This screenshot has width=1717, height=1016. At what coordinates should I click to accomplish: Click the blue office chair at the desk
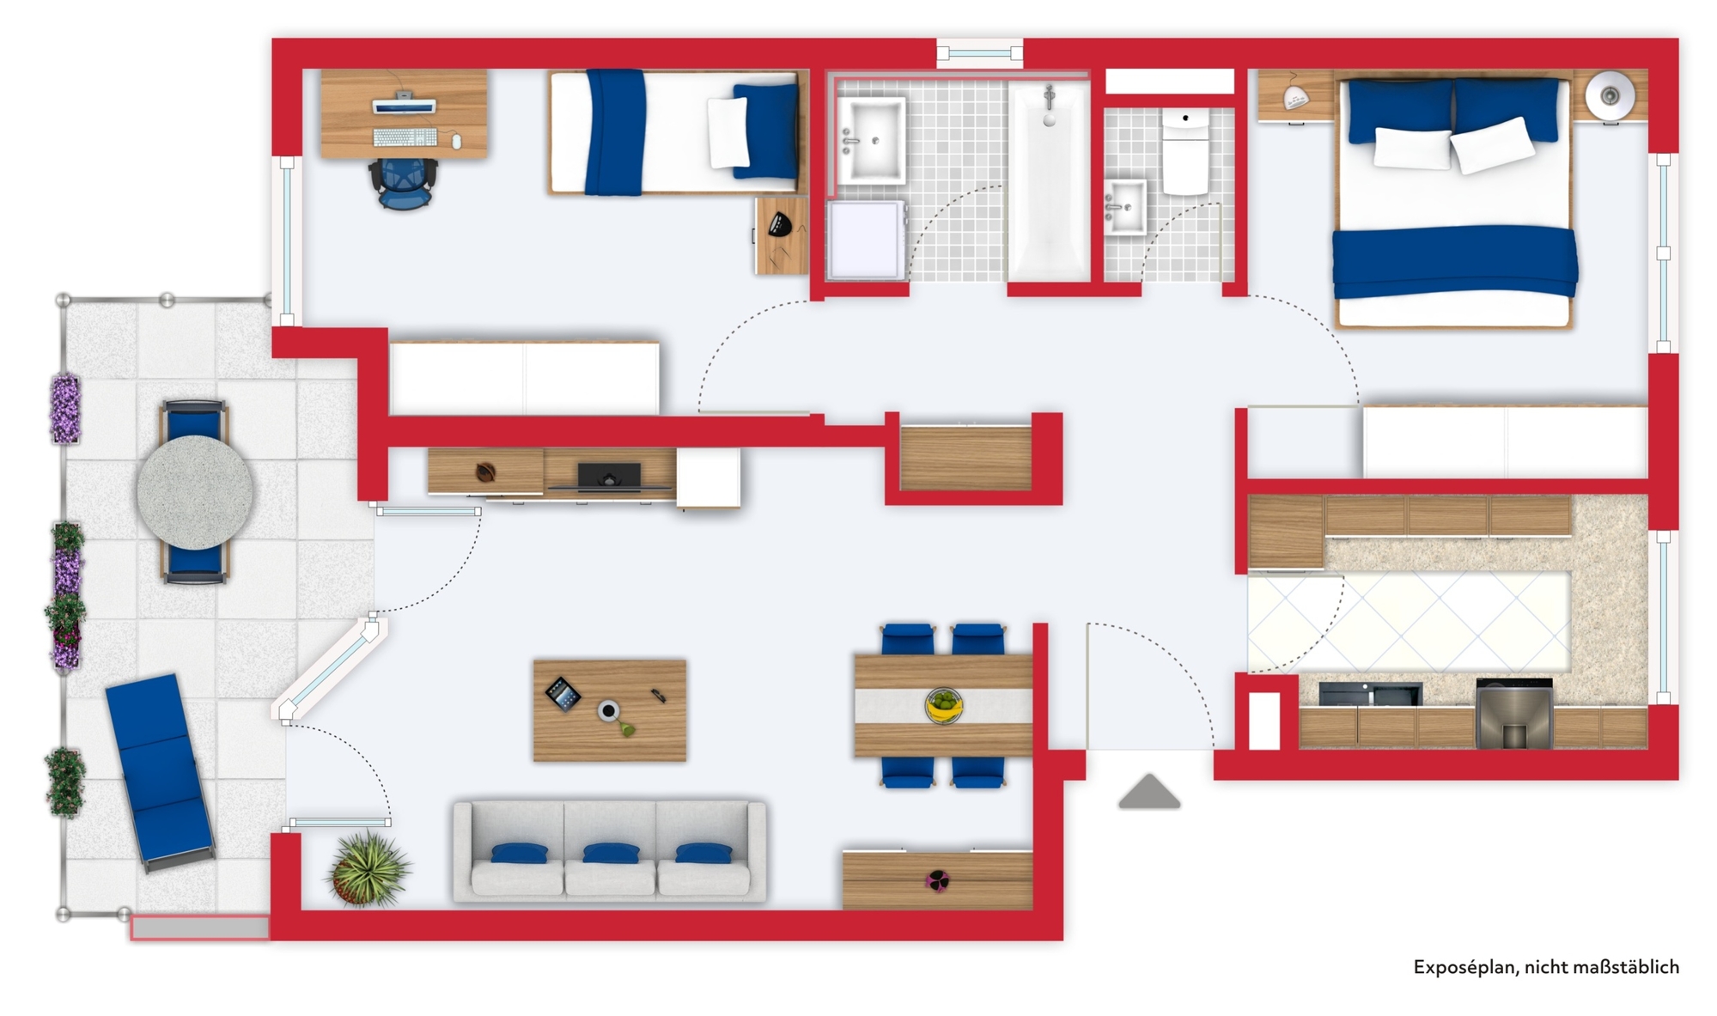point(403,183)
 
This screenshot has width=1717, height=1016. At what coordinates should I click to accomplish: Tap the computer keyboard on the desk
point(405,137)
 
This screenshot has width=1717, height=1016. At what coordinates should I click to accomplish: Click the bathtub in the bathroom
point(1049,181)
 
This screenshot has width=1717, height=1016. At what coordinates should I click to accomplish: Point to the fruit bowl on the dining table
point(943,706)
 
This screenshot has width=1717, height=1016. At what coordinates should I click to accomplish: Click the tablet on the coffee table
point(563,694)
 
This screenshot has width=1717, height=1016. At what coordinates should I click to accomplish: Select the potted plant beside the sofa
point(368,869)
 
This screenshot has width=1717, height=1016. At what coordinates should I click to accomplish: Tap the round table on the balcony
point(195,492)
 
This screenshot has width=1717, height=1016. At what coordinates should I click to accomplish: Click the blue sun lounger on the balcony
point(160,770)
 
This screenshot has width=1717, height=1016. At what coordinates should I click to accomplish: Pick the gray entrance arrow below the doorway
point(1149,792)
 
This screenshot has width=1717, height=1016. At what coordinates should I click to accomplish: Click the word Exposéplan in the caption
point(1464,968)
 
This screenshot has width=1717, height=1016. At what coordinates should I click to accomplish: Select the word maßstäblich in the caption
point(1629,967)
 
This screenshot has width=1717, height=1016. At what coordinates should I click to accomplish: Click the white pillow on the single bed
point(728,133)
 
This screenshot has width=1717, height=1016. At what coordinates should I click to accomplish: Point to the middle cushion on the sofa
point(610,869)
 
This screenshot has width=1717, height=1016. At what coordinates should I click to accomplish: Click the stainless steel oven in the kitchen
point(1514,714)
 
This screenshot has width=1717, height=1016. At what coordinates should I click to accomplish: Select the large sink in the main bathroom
point(872,140)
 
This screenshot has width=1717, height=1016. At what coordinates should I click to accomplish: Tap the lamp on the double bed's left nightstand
point(1295,97)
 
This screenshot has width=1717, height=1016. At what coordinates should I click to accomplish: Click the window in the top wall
point(980,53)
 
